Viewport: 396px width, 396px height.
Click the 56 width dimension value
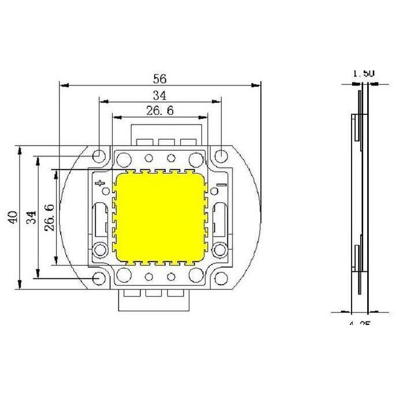point(159,77)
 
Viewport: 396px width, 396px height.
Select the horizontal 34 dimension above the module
point(159,95)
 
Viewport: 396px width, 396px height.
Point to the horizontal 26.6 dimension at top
point(160,110)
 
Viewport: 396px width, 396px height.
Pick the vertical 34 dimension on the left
point(32,217)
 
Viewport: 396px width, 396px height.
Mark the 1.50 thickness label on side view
point(364,73)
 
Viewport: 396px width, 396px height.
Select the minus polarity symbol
point(219,186)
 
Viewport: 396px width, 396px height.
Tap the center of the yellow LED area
point(160,217)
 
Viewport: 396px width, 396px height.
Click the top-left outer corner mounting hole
point(99,156)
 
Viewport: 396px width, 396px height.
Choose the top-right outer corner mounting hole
point(222,156)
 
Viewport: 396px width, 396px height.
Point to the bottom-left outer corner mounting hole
point(99,279)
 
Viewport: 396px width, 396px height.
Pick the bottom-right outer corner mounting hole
point(222,279)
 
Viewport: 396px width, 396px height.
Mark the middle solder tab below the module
point(154,294)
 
